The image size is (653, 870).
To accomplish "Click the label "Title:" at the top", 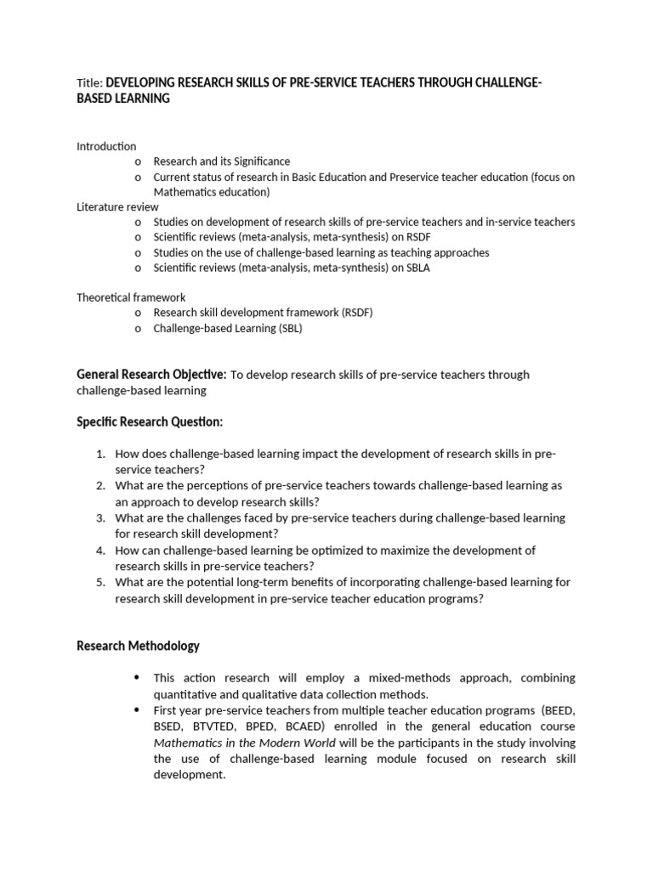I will click(x=89, y=82).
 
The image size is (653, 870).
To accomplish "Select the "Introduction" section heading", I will click(x=106, y=146).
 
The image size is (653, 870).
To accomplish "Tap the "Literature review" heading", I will click(x=117, y=206).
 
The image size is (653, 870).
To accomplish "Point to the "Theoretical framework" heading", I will click(x=131, y=297).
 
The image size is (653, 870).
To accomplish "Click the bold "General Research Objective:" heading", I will click(x=151, y=375).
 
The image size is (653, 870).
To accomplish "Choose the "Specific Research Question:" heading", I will click(x=150, y=422).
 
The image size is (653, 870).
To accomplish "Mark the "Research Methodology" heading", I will click(x=138, y=646).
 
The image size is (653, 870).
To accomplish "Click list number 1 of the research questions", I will click(x=99, y=455).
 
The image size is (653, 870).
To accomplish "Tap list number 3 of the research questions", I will click(x=99, y=517).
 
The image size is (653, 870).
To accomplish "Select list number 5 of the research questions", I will click(x=99, y=582).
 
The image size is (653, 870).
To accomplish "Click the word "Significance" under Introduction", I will click(x=260, y=161).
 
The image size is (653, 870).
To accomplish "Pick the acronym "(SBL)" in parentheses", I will click(x=286, y=328).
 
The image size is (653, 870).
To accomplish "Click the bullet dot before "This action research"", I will click(x=137, y=678).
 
